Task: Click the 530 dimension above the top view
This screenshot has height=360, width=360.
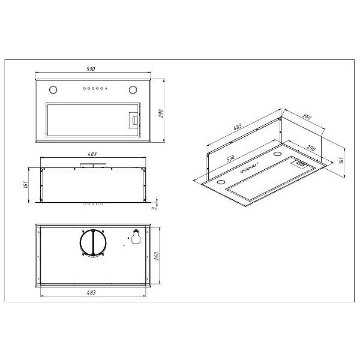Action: tap(91, 69)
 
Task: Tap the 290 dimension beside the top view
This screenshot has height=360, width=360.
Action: tap(161, 113)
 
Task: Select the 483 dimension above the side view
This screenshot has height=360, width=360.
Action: tap(92, 154)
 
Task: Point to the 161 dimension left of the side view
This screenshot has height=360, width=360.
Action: tap(25, 184)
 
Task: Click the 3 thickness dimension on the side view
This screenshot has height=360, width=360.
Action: tap(154, 208)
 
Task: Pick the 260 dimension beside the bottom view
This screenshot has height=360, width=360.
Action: tap(156, 256)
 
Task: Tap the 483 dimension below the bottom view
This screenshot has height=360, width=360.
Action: tap(91, 293)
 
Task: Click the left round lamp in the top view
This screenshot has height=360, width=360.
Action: tap(53, 90)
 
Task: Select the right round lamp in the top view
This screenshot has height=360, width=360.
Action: tap(133, 90)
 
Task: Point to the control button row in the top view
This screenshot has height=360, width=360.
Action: tap(95, 88)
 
